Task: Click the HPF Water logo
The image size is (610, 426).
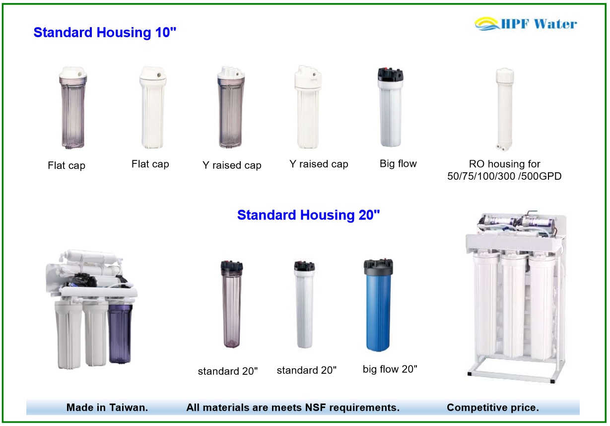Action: click(526, 23)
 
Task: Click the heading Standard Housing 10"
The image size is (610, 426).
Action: click(105, 33)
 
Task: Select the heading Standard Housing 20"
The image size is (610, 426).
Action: click(308, 215)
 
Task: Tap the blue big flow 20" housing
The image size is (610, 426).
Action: click(379, 310)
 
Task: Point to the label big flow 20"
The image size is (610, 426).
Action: click(390, 369)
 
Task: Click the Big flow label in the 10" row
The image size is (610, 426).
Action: click(398, 164)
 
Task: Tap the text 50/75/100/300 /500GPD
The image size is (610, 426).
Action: click(504, 175)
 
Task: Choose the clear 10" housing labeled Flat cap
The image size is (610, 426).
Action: click(72, 109)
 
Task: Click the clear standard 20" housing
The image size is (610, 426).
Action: click(231, 305)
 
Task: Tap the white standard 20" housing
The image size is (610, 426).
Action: click(304, 305)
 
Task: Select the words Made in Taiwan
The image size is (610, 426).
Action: click(107, 408)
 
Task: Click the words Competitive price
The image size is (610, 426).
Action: click(492, 408)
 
